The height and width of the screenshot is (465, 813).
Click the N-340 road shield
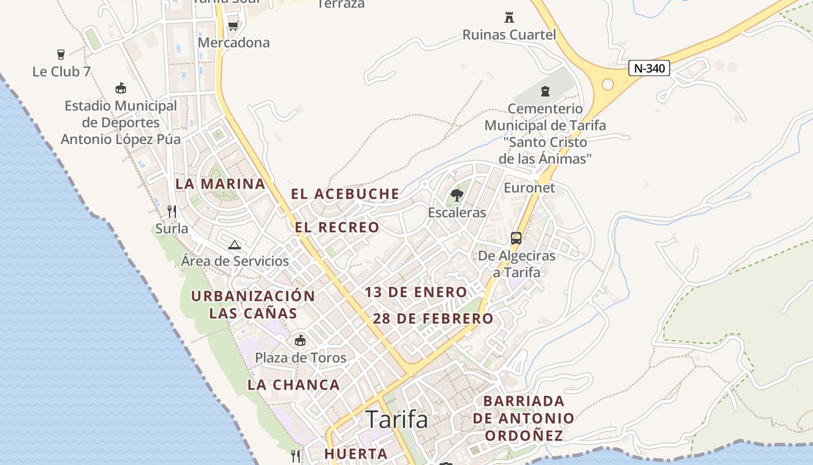click(649, 68)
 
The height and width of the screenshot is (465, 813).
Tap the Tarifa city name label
click(397, 419)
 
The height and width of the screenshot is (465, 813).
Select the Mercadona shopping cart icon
click(233, 25)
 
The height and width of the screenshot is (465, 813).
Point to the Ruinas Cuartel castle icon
click(509, 17)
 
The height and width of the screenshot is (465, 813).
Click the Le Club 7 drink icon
click(61, 55)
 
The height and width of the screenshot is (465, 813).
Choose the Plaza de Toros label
click(301, 357)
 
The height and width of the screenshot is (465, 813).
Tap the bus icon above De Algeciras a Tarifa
click(516, 238)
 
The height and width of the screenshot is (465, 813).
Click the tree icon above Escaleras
click(457, 195)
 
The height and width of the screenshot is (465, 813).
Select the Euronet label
click(529, 188)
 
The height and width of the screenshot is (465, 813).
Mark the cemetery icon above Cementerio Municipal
click(545, 91)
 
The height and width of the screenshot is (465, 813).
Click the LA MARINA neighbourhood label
click(220, 184)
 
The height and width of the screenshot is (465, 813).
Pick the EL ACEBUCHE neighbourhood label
click(345, 194)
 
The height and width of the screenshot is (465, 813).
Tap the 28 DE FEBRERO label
click(433, 319)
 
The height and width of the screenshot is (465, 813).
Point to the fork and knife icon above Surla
click(172, 212)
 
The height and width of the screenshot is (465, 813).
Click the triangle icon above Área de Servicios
click(235, 245)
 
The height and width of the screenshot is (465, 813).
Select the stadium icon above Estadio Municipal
click(121, 88)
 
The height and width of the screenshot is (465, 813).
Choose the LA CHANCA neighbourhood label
click(294, 385)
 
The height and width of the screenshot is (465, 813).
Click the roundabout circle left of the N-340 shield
click(607, 84)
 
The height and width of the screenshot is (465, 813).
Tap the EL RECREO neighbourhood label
click(337, 227)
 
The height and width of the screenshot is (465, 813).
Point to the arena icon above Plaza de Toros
click(300, 340)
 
